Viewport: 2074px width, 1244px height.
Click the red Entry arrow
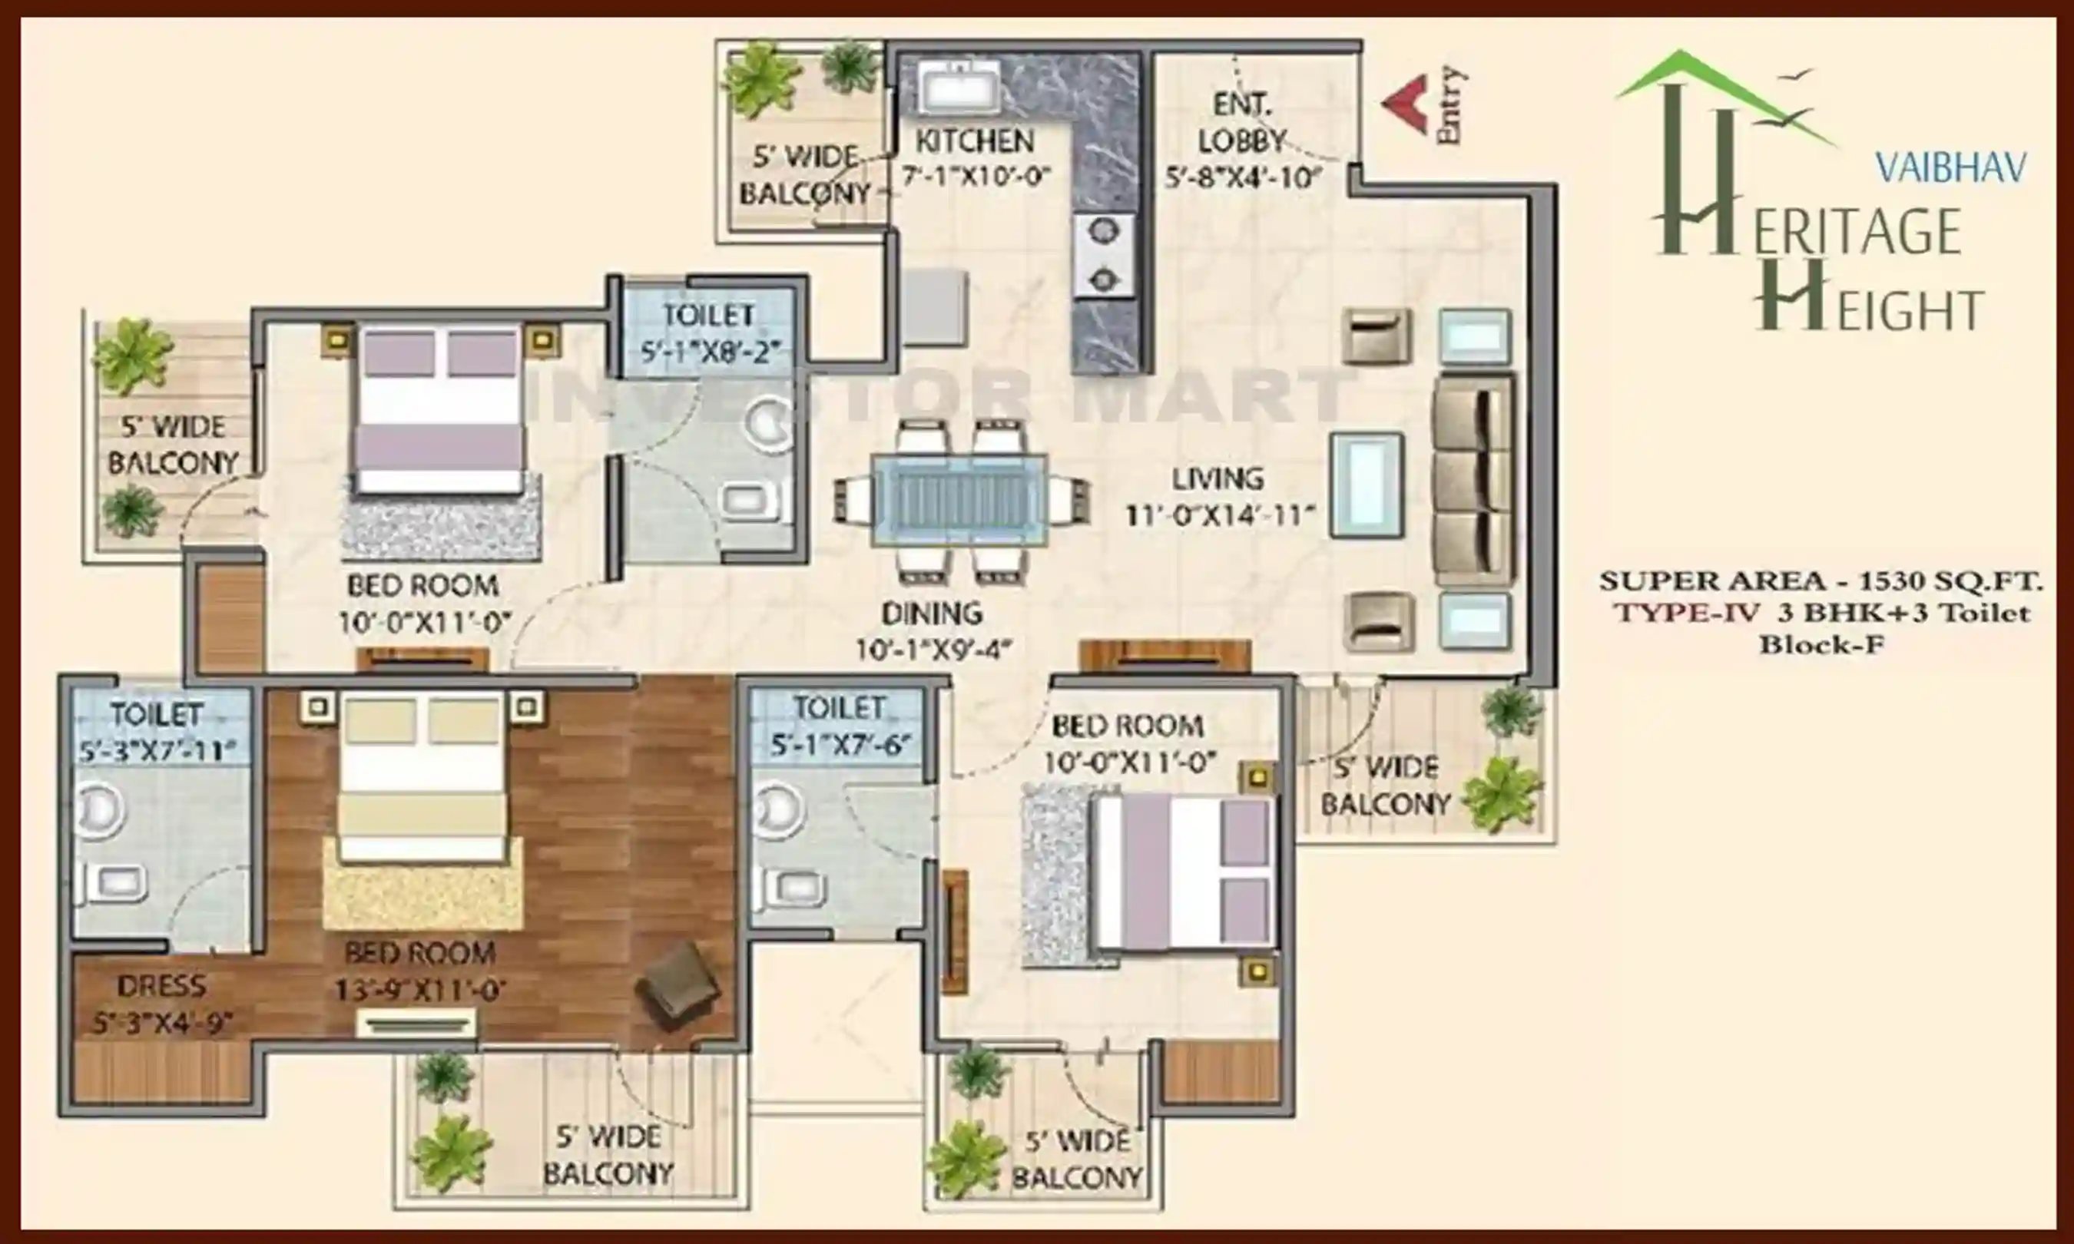tap(1406, 104)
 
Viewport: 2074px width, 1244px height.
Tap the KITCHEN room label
tap(974, 141)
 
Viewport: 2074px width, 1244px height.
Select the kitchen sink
tap(957, 86)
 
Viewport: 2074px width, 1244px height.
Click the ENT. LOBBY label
tap(1242, 122)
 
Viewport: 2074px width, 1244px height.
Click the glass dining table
tap(960, 501)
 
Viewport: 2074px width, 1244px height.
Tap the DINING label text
tap(931, 614)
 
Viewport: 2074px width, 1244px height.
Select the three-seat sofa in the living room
tap(1474, 479)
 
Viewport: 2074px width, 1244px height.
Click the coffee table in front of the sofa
tap(1367, 485)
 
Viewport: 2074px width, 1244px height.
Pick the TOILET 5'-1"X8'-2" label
tap(710, 333)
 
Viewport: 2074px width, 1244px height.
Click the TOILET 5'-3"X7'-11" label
tap(157, 732)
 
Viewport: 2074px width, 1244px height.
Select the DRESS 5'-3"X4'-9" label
tap(161, 1004)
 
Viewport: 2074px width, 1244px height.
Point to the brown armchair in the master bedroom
tap(678, 985)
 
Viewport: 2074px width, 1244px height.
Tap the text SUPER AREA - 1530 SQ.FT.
tap(1820, 580)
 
